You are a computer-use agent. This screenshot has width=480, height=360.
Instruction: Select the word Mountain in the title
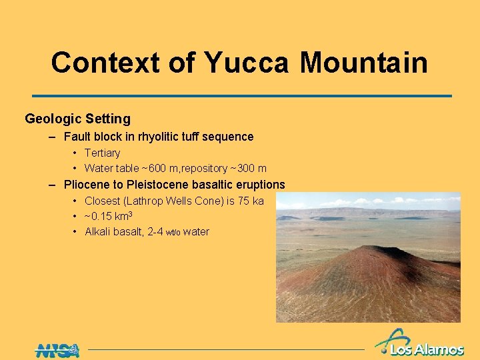click(363, 63)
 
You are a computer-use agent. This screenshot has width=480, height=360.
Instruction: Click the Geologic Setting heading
click(77, 119)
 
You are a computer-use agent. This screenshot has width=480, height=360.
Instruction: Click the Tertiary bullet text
click(102, 153)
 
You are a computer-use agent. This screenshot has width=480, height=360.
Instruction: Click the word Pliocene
click(87, 185)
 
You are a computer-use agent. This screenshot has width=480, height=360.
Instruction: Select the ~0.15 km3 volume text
click(108, 216)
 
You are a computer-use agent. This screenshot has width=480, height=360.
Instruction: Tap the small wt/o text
click(174, 233)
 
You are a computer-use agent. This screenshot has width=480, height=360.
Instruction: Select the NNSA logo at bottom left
click(57, 350)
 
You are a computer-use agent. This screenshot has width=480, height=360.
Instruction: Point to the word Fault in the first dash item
click(77, 137)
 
